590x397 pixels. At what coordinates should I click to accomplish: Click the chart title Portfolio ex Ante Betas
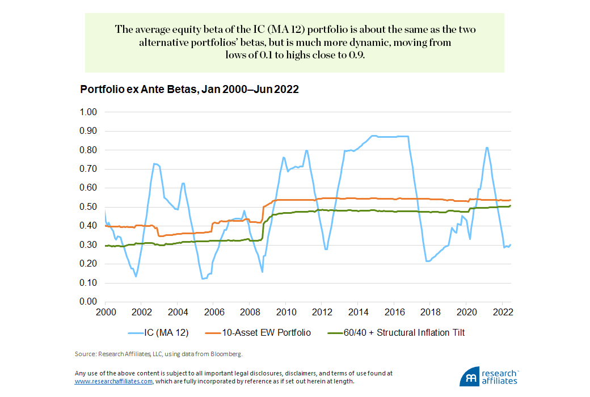(189, 90)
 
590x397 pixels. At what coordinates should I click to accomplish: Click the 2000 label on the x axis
(106, 312)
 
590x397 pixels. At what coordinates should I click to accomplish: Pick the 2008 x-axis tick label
(250, 312)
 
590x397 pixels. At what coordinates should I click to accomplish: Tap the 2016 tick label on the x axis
(395, 312)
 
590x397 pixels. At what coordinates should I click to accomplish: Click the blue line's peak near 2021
(487, 148)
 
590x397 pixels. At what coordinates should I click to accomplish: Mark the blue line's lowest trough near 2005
(203, 278)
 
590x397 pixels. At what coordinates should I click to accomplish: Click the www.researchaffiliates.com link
(113, 382)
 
